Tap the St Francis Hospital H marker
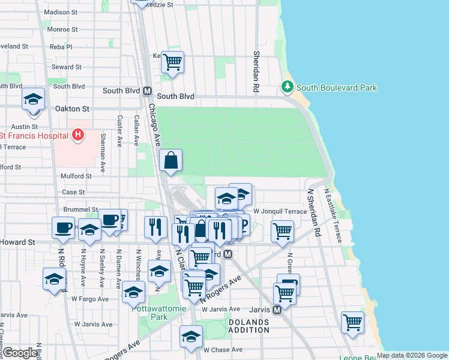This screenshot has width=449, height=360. (x=77, y=135)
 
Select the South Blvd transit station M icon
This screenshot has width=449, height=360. (x=147, y=91)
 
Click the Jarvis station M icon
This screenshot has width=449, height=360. (x=277, y=310)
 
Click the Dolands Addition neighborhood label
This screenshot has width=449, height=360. (x=249, y=326)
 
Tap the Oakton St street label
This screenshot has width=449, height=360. (x=71, y=109)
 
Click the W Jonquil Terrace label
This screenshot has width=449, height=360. (x=280, y=211)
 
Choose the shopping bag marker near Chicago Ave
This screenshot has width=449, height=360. (x=171, y=160)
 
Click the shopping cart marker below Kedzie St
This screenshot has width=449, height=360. (x=172, y=62)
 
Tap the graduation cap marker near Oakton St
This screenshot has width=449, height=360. (x=34, y=99)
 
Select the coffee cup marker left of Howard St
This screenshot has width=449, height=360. (x=63, y=228)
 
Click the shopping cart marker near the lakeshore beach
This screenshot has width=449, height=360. (x=352, y=322)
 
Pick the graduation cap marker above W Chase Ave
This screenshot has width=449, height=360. (x=191, y=336)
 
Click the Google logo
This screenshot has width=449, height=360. (x=20, y=353)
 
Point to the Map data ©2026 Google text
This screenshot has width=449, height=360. (x=412, y=355)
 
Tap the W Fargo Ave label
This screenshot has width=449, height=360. (x=90, y=298)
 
